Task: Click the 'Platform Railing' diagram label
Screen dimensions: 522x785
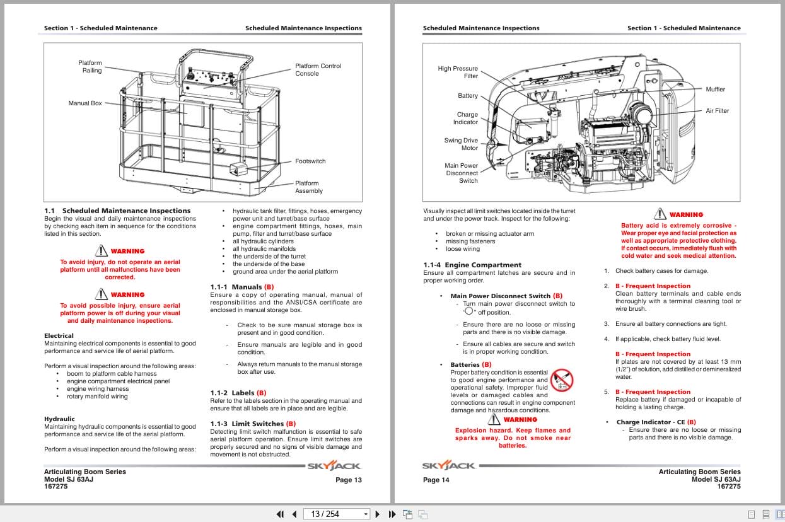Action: point(90,67)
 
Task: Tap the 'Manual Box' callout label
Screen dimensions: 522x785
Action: point(85,103)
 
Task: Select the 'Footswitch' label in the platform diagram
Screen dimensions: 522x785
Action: point(310,161)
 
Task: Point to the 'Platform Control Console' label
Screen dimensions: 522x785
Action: point(318,69)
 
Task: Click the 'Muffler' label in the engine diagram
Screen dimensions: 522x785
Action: point(715,90)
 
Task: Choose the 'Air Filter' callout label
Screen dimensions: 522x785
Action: point(717,111)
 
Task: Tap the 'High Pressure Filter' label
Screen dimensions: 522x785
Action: point(458,72)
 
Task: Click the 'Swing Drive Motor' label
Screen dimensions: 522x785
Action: point(461,144)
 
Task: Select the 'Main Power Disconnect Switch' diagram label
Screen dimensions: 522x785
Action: point(462,173)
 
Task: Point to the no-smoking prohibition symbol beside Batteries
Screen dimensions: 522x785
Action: point(561,381)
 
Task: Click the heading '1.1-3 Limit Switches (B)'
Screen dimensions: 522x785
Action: point(253,424)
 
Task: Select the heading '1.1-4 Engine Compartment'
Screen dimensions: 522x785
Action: point(472,265)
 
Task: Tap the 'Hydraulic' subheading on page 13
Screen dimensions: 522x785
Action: point(59,419)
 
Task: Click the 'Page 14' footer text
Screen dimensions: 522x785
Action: point(436,480)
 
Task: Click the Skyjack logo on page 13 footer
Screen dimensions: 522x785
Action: point(334,467)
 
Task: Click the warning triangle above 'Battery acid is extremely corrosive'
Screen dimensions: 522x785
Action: point(660,214)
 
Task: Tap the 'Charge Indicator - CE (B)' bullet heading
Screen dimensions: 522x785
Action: point(656,422)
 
